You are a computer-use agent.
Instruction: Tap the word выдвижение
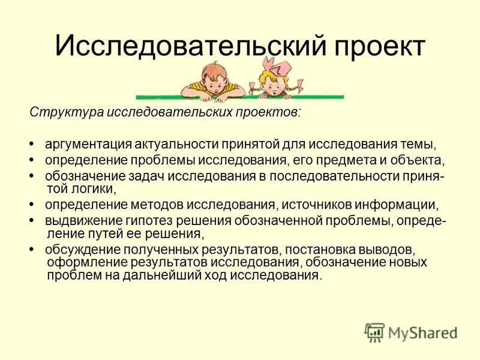point(79,220)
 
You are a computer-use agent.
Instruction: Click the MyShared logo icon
point(374,332)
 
